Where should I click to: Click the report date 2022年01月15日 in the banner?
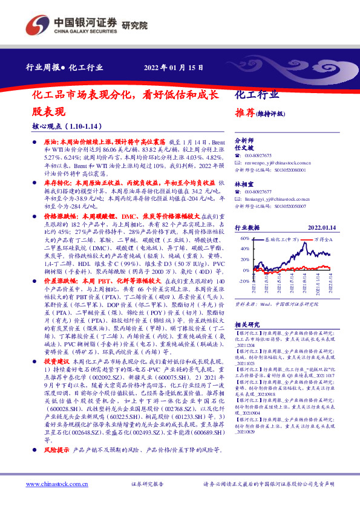pos(174,67)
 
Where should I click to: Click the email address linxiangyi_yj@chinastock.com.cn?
pos(279,198)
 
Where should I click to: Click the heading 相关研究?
pos(247,324)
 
